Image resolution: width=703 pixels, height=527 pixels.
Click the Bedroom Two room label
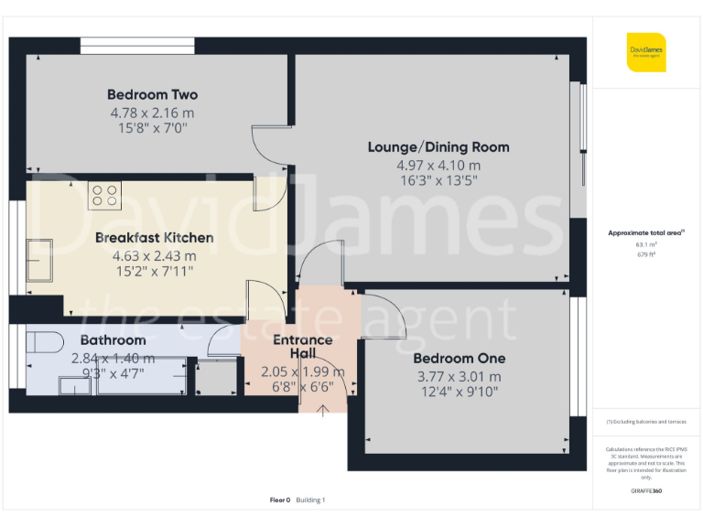(152, 95)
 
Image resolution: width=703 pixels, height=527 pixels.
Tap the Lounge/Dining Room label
(438, 147)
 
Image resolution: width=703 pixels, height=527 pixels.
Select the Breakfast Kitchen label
(154, 238)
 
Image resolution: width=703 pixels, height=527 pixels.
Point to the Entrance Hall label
(302, 347)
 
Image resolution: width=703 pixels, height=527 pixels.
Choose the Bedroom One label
(459, 359)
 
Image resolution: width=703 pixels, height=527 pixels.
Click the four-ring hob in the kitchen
(104, 195)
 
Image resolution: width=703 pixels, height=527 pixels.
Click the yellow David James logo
(646, 51)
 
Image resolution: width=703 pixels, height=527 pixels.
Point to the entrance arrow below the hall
(322, 408)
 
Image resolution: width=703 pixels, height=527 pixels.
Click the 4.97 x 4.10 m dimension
(438, 166)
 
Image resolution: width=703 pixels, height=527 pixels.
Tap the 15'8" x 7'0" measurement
(152, 129)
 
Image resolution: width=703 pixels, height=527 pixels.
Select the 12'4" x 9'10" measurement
(459, 393)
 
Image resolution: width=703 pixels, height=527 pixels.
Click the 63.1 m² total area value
(646, 244)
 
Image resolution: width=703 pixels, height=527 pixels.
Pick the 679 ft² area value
(646, 254)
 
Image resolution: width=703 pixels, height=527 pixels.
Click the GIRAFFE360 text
(646, 491)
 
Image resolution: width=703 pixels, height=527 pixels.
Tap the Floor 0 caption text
(280, 500)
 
